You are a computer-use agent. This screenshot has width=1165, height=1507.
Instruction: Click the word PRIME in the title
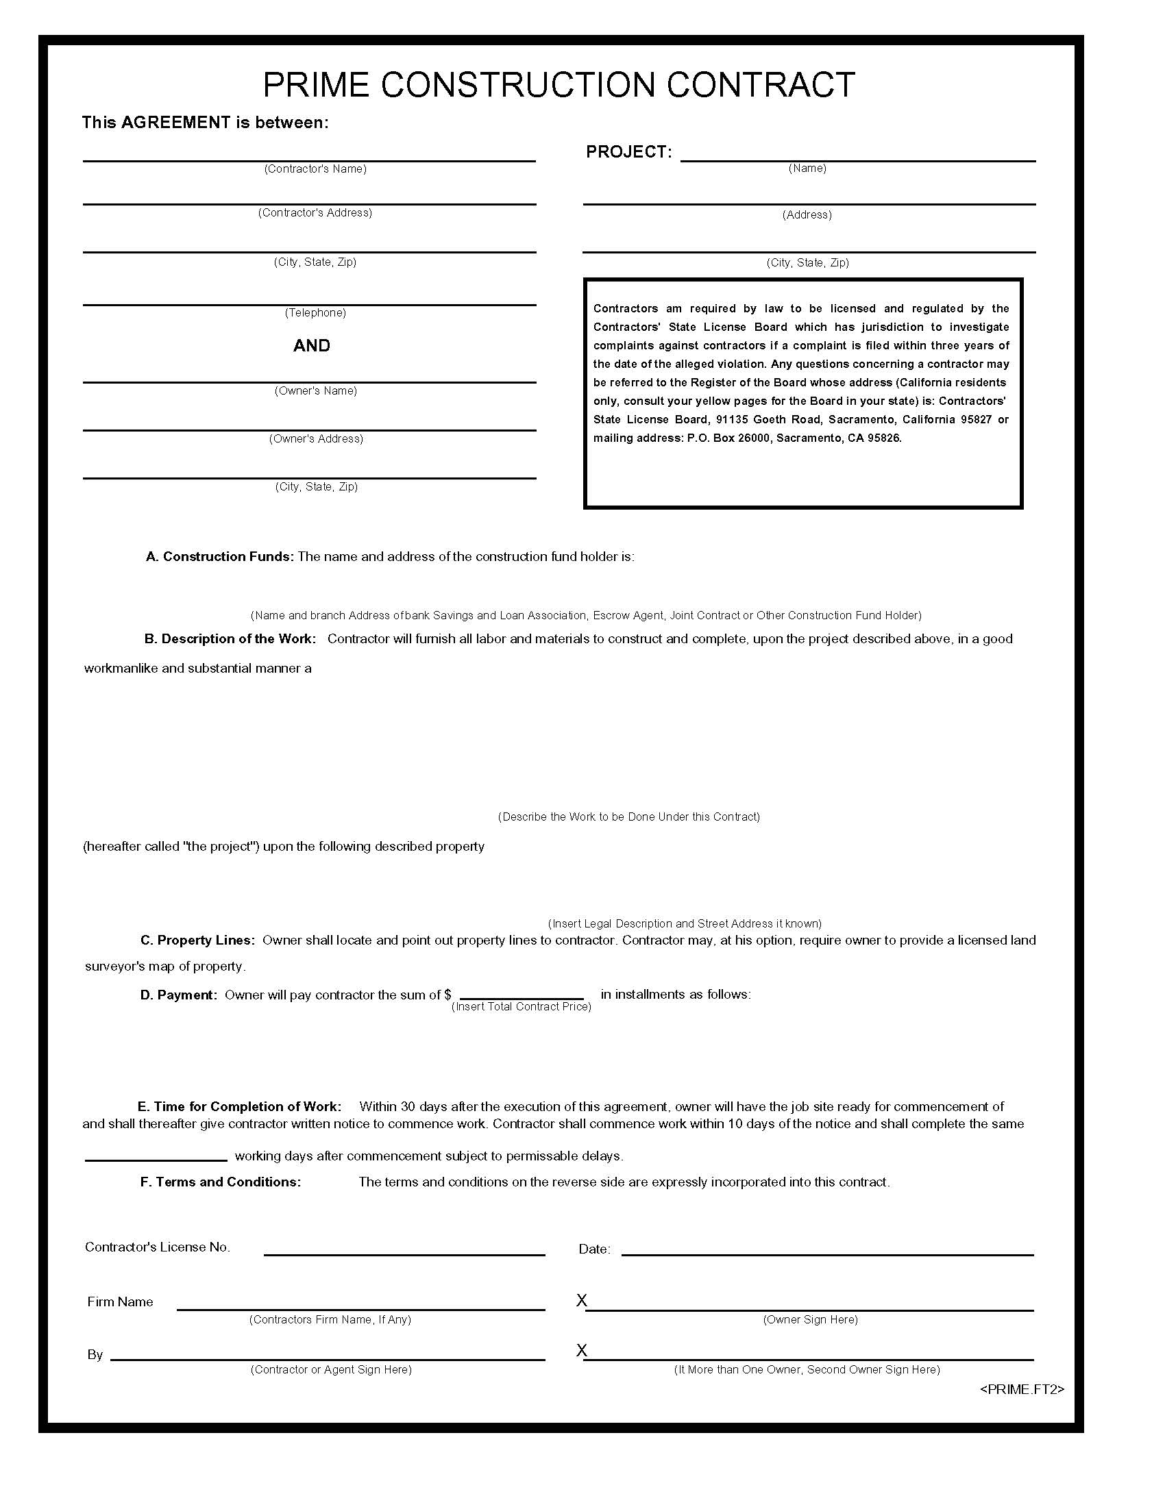[316, 85]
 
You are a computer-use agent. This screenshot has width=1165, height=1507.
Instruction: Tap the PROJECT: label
[628, 152]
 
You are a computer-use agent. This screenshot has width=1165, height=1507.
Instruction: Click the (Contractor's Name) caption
[315, 169]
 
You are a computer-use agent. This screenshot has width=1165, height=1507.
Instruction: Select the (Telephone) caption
[315, 312]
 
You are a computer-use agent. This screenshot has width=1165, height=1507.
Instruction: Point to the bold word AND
[311, 346]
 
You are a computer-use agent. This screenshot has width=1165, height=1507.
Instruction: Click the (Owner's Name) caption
[315, 390]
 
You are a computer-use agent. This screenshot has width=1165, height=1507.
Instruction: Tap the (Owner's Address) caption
[315, 439]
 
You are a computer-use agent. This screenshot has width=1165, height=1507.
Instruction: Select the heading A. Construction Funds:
[219, 556]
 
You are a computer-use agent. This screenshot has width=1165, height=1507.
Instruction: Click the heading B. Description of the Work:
[230, 639]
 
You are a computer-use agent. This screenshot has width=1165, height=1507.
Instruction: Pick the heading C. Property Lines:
[197, 941]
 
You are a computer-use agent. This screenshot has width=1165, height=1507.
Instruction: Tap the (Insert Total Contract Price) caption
[521, 1007]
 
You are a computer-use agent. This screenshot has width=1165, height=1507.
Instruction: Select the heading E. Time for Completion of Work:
[238, 1107]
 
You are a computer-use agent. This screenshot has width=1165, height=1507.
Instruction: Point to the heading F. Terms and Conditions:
[220, 1182]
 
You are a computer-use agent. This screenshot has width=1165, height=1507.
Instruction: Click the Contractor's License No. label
[158, 1247]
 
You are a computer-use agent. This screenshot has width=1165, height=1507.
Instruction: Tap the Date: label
[593, 1249]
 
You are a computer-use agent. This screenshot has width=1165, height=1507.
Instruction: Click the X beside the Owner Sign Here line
[581, 1300]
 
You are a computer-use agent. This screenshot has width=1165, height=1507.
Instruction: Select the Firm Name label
[120, 1301]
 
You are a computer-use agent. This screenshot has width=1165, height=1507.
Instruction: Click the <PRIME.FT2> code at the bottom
[1022, 1389]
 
